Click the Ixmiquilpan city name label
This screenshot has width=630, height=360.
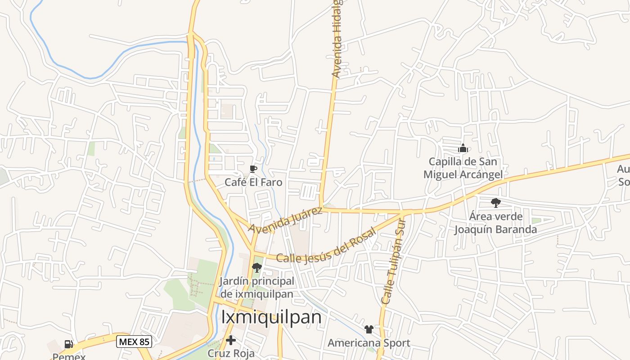(x=271, y=317)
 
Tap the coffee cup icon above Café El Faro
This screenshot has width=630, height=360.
(x=253, y=169)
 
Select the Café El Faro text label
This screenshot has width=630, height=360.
(x=254, y=182)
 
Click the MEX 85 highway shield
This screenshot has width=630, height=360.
(x=134, y=342)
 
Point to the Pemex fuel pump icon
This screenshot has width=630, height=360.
(x=68, y=344)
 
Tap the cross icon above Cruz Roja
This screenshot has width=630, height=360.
(x=231, y=340)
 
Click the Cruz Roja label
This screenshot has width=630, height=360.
(x=231, y=353)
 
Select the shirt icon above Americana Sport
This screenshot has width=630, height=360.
(x=369, y=329)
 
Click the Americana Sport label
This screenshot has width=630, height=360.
(x=369, y=343)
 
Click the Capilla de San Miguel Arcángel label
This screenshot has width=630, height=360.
(x=463, y=168)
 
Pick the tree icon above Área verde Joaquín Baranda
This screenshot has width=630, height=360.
(x=495, y=203)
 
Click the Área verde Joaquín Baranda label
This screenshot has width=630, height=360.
(x=495, y=223)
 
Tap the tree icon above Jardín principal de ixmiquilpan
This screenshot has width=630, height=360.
(x=256, y=268)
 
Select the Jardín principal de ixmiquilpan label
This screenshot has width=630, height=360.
(x=256, y=288)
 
